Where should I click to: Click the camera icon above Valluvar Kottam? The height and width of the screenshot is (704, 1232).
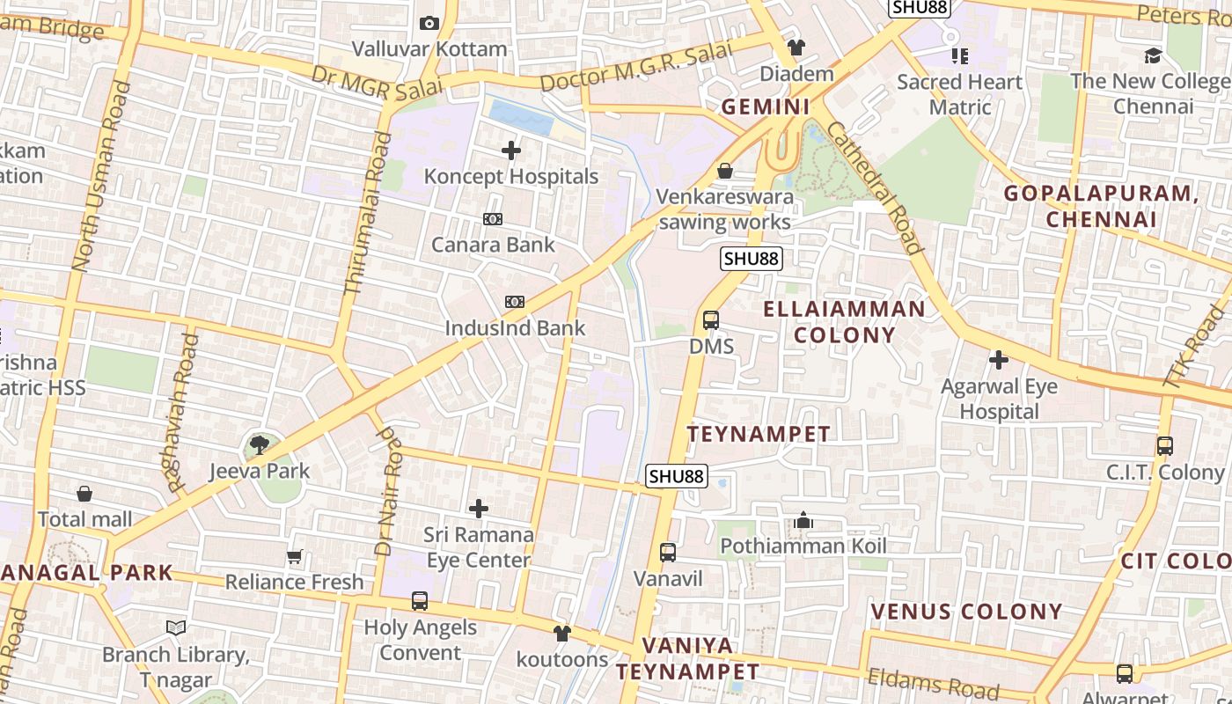429,24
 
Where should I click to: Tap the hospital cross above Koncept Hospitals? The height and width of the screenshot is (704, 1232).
511,151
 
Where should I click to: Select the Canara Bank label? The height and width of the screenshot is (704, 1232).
493,245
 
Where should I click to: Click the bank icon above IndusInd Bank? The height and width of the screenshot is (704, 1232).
515,303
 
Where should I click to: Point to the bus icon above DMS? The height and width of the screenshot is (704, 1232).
711,320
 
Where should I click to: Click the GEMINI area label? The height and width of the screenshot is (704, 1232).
766,106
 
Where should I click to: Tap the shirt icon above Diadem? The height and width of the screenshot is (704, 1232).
796,48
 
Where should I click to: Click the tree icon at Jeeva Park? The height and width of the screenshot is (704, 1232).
259,445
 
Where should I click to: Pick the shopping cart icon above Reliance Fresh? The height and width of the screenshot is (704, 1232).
295,557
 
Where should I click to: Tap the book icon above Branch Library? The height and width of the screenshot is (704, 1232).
176,628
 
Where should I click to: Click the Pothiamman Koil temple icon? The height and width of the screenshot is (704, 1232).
803,521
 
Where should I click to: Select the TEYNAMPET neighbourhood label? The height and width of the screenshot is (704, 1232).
759,434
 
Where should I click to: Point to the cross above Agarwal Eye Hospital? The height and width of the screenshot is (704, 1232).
999,360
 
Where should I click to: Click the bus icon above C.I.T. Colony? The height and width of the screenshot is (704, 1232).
1165,446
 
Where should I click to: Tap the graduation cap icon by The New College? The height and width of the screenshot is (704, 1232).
1153,56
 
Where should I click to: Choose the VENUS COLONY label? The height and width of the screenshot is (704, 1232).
966,611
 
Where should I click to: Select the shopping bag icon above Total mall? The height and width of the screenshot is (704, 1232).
84,494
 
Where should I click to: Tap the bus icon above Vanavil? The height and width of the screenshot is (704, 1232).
668,553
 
